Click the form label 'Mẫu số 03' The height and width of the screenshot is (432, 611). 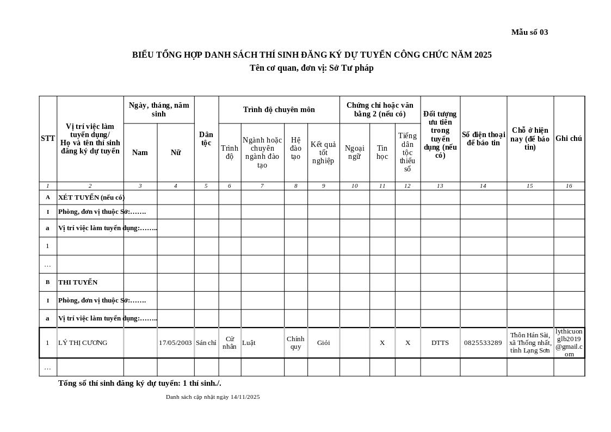tap(529, 32)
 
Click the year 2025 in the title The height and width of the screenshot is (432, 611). tap(483, 55)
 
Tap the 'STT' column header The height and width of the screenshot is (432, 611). tap(48, 139)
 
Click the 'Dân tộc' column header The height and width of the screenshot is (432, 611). tap(206, 139)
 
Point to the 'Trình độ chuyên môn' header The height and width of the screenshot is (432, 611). tap(279, 109)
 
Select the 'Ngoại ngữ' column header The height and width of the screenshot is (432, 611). tap(354, 152)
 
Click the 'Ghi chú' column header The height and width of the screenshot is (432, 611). tap(569, 139)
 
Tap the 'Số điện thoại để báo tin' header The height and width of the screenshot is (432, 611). tap(483, 139)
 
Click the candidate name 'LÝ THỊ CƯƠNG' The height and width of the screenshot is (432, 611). tap(83, 343)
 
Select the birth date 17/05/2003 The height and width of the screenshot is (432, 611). tap(175, 343)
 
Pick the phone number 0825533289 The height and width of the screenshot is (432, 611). tap(483, 343)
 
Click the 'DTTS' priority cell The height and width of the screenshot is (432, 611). tap(440, 343)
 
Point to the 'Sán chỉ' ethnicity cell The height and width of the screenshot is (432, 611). tap(206, 343)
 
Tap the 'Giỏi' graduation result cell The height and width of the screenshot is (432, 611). tap(323, 343)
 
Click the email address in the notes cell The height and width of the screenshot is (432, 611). tap(569, 343)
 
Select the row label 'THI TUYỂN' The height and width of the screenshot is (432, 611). tap(78, 282)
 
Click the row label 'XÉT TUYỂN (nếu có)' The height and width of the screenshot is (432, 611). tap(91, 198)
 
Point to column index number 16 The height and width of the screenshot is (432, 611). tap(569, 186)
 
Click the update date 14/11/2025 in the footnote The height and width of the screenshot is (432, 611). tap(245, 397)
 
